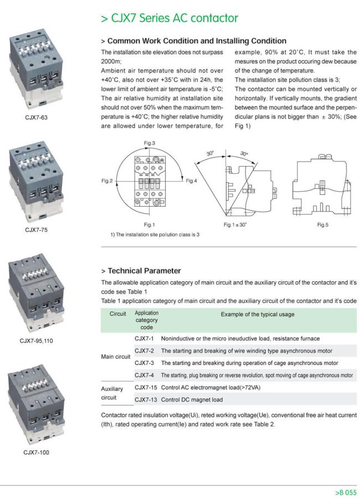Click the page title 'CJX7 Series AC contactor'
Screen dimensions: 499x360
click(x=169, y=18)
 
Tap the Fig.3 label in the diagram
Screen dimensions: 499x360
click(x=150, y=143)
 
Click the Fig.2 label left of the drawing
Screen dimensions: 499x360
click(x=107, y=181)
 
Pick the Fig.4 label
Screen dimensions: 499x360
click(x=192, y=181)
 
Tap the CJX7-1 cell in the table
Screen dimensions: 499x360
click(x=144, y=338)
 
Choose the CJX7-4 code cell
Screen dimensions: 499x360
click(x=144, y=375)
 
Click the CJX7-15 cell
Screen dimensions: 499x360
click(x=146, y=387)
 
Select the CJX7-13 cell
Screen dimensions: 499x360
click(x=146, y=399)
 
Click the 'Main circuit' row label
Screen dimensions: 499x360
click(x=115, y=357)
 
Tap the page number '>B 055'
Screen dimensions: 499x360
click(x=346, y=492)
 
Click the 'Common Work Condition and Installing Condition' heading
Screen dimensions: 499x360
click(x=194, y=41)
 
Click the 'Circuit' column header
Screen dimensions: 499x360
click(x=118, y=313)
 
